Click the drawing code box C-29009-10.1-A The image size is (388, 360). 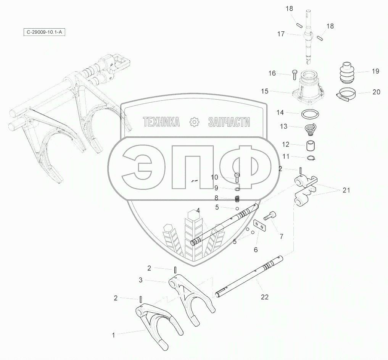(44, 32)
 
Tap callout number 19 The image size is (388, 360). (375, 71)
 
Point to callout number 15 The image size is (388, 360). (265, 91)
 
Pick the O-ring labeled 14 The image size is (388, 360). (310, 114)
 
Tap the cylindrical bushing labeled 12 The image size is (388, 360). (310, 146)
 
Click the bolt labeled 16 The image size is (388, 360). (295, 74)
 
